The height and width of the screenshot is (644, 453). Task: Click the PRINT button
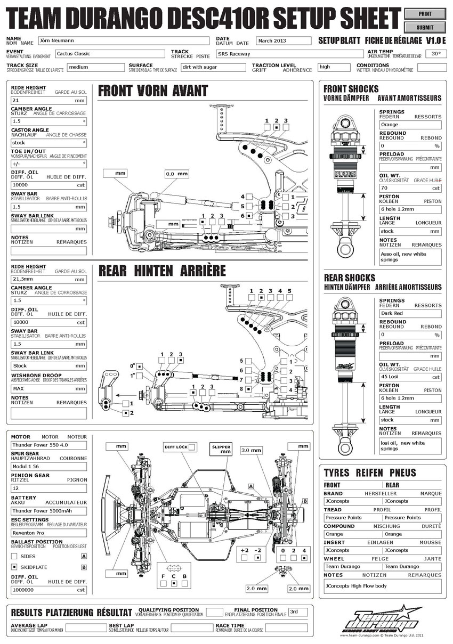425,14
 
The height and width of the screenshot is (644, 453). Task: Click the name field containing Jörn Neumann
123,40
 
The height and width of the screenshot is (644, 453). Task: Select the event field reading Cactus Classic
110,54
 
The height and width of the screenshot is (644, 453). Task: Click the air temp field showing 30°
436,54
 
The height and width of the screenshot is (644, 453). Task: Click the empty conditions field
432,68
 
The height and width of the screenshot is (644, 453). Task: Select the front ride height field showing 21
48,100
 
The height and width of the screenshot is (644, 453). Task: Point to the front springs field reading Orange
410,125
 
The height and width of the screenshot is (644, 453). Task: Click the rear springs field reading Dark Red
410,313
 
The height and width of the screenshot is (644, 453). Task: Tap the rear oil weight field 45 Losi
410,377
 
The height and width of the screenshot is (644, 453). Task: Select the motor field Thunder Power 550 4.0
48,445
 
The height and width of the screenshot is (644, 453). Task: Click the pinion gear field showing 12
48,488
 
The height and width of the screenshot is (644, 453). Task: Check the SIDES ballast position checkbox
14,556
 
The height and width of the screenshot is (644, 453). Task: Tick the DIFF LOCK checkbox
192,446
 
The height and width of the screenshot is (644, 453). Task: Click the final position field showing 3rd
298,612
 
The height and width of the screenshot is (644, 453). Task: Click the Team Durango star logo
381,619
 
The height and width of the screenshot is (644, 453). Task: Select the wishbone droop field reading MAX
48,388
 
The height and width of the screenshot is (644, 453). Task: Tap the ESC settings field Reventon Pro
48,533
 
